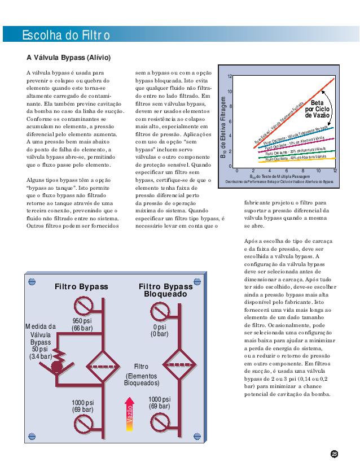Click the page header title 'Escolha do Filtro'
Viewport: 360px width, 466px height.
[x=65, y=36]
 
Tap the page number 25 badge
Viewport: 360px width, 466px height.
[x=334, y=454]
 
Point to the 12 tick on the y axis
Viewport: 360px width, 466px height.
[x=230, y=76]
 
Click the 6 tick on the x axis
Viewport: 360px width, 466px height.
[x=286, y=170]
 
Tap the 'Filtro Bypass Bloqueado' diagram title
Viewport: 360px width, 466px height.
[x=165, y=290]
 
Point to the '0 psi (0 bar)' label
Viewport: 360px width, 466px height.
[x=159, y=330]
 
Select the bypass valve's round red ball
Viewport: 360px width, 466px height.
[x=56, y=366]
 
